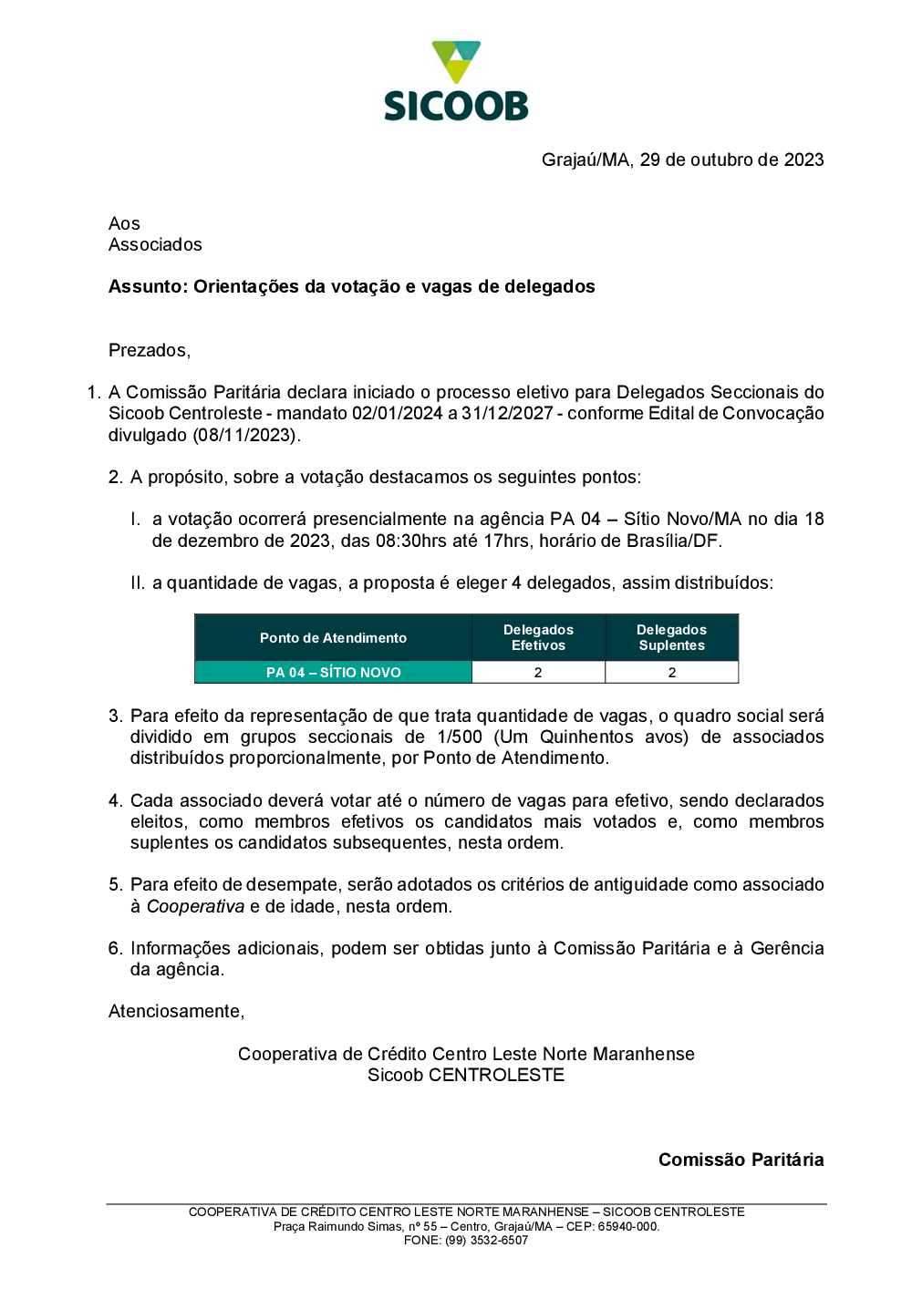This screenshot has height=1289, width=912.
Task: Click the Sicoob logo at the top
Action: tap(456, 82)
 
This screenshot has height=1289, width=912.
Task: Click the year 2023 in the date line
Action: tap(803, 160)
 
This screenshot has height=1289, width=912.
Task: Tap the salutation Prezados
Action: tap(149, 351)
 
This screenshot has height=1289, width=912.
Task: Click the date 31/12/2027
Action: tap(507, 414)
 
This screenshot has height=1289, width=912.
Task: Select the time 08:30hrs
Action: tap(411, 541)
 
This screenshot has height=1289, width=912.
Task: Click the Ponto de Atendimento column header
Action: tap(333, 638)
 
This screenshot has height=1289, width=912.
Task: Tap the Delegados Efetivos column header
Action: tap(538, 638)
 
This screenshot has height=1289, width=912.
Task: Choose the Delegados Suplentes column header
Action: tap(672, 638)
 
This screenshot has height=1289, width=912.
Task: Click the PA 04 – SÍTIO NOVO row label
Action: tap(333, 673)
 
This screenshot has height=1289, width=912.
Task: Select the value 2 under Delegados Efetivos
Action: tap(538, 673)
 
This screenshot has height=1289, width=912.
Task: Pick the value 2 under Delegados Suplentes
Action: tap(672, 673)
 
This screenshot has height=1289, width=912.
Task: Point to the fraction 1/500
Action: tap(460, 737)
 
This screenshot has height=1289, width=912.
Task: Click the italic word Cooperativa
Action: tap(195, 907)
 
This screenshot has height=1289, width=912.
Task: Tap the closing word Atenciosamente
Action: tap(176, 1012)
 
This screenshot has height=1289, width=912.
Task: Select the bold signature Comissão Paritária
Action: tap(741, 1160)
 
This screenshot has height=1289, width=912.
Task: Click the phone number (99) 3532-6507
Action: tap(486, 1241)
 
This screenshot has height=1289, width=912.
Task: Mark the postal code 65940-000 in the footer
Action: tap(627, 1227)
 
